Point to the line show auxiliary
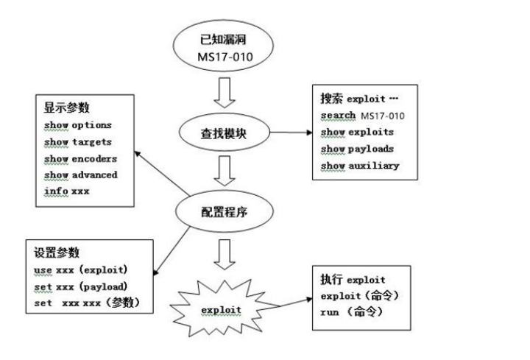point(360,165)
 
